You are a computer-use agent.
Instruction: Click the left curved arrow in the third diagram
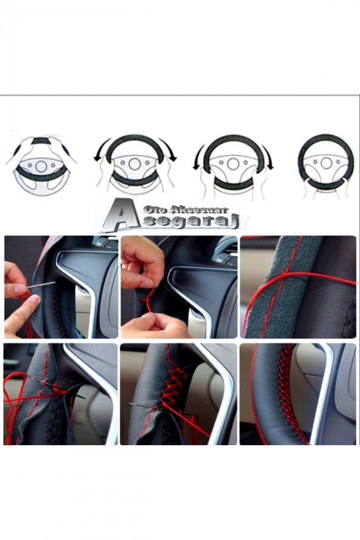(199, 157)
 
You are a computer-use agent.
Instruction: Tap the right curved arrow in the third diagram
(268, 157)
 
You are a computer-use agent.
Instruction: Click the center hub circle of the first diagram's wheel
(41, 165)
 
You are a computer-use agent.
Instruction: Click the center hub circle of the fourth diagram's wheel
(326, 163)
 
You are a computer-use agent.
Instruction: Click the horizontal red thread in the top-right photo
(304, 277)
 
